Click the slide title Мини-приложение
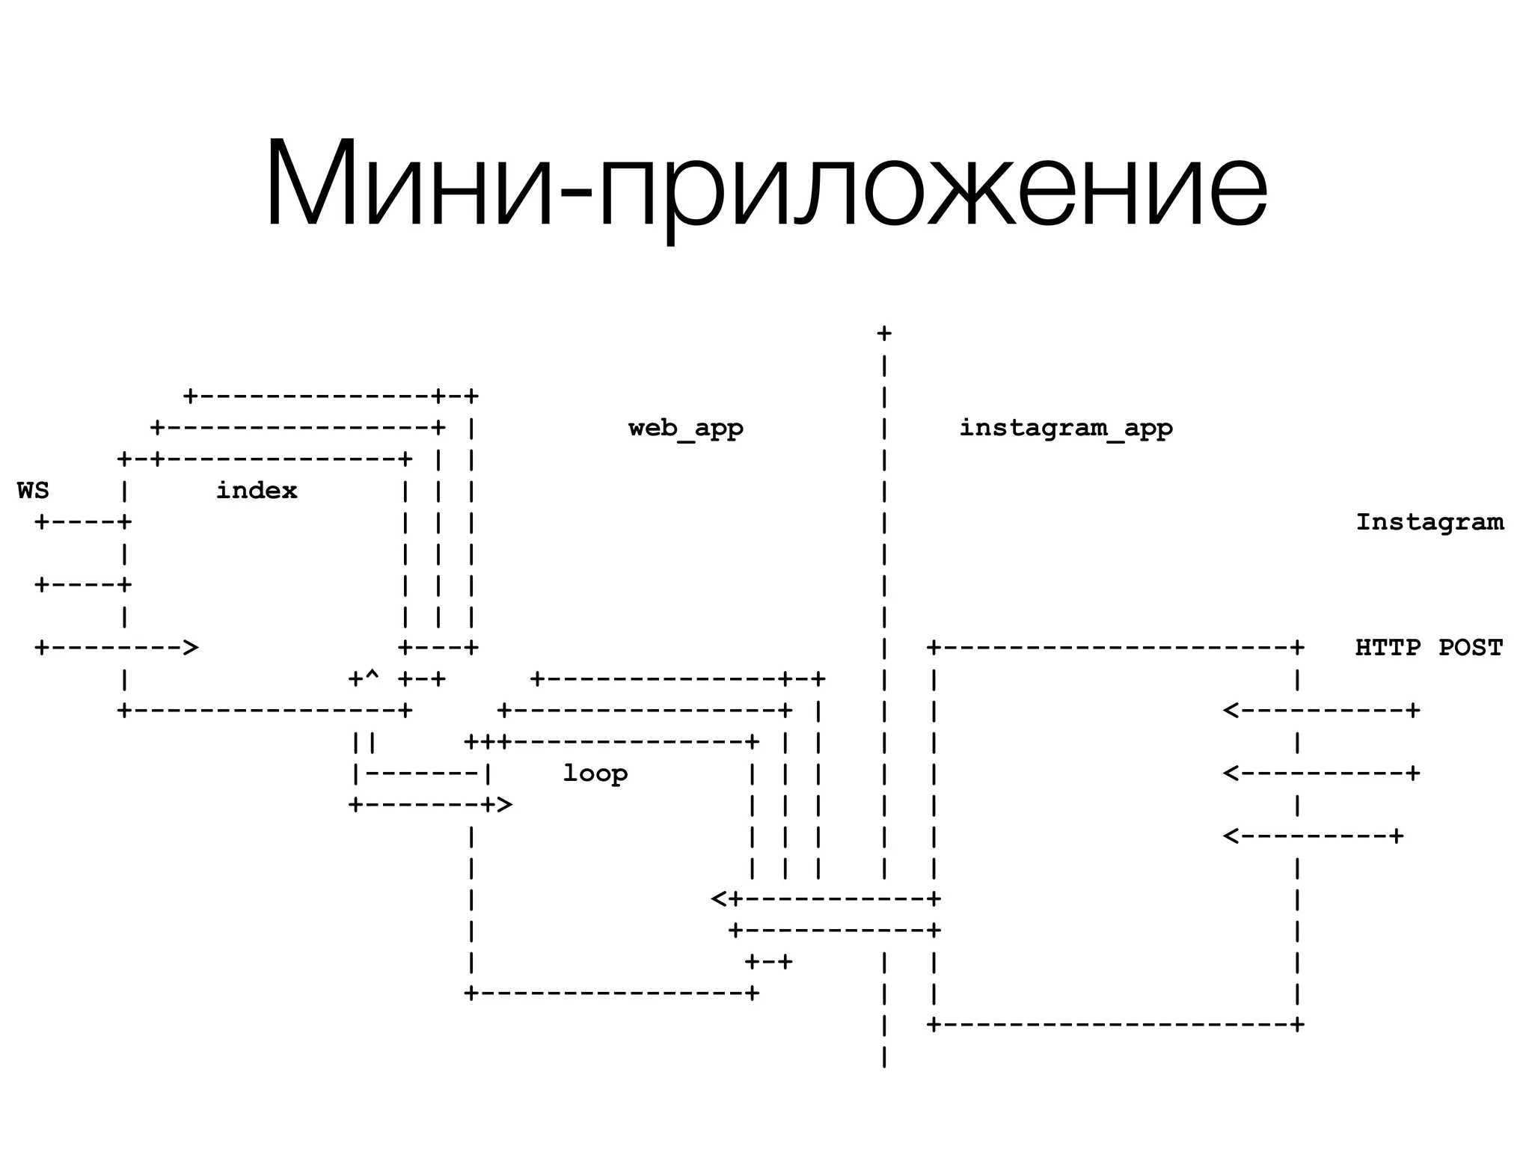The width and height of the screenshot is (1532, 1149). [x=766, y=183]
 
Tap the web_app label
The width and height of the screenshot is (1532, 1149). [x=685, y=428]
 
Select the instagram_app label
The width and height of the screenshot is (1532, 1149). [x=1065, y=428]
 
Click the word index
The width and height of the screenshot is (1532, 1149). [x=257, y=491]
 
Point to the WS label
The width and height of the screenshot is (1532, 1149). [x=33, y=491]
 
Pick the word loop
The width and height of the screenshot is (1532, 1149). [x=595, y=773]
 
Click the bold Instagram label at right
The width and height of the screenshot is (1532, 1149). [x=1429, y=521]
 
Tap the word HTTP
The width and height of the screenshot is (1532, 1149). [x=1388, y=647]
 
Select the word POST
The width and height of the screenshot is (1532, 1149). [x=1471, y=647]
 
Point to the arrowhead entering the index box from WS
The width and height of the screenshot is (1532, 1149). [x=191, y=647]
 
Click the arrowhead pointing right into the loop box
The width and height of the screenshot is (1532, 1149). [x=505, y=805]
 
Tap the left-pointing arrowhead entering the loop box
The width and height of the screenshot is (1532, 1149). [x=718, y=898]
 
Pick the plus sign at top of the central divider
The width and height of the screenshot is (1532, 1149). [x=884, y=334]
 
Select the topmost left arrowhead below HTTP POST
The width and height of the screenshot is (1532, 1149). [x=1231, y=710]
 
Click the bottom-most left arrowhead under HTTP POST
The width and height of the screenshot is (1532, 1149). [x=1231, y=836]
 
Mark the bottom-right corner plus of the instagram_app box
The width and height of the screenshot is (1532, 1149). [x=1298, y=1024]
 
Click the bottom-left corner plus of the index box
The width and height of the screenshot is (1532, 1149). [x=124, y=710]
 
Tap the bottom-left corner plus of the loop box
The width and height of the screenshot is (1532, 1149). [x=471, y=993]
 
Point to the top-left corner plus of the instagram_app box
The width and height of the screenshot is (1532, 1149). [x=934, y=647]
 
